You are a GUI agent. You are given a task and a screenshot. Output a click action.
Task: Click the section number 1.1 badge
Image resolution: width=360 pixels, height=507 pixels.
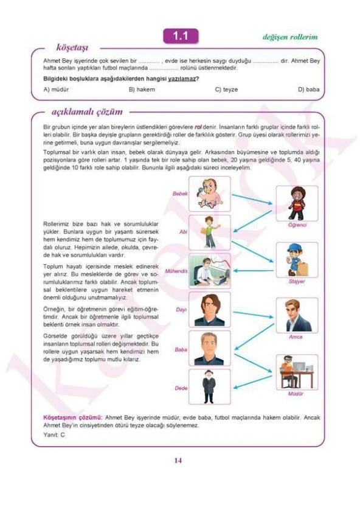click(x=180, y=37)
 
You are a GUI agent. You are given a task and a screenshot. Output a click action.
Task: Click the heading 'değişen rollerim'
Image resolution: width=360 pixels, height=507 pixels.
click(x=289, y=37)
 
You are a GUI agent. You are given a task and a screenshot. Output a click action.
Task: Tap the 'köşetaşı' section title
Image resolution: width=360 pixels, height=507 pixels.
click(x=72, y=47)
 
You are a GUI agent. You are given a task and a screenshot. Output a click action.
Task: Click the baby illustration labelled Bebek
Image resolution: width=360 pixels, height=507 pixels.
click(x=210, y=194)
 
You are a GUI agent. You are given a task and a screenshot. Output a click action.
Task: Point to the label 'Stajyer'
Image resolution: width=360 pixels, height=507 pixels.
click(x=297, y=282)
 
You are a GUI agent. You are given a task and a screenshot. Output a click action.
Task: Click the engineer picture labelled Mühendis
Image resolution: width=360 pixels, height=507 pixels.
click(x=210, y=270)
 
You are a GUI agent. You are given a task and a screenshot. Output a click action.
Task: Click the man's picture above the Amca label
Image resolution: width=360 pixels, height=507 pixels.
click(x=297, y=315)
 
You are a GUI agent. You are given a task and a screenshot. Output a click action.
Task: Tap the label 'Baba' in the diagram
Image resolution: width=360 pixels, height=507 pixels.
click(x=181, y=349)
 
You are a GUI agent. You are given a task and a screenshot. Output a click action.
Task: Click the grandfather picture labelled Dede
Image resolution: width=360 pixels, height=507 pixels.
click(x=210, y=386)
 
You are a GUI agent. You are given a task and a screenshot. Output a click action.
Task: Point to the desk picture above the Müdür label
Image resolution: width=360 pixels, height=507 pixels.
click(x=297, y=371)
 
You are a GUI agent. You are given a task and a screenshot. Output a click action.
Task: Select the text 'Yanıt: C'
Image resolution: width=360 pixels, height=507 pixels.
click(x=54, y=435)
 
